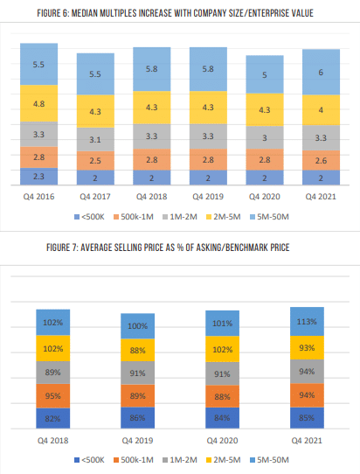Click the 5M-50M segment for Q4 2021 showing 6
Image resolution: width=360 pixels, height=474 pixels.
(320, 72)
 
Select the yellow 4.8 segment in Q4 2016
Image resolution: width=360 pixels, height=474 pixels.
(38, 103)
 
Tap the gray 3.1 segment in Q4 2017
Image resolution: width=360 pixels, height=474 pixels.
(94, 138)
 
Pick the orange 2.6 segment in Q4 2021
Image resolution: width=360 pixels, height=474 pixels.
(320, 159)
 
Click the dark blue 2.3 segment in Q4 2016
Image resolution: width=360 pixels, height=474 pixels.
(38, 175)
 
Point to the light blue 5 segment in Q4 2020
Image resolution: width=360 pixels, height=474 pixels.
(264, 75)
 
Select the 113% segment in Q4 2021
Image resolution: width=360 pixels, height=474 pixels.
(308, 320)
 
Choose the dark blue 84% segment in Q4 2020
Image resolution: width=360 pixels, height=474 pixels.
(222, 417)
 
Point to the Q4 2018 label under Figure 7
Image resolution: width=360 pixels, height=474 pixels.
(52, 440)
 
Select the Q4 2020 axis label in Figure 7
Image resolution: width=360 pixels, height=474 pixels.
(222, 440)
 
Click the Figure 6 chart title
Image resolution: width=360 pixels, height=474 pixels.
(179, 13)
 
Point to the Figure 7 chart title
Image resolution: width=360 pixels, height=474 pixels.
(179, 248)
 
